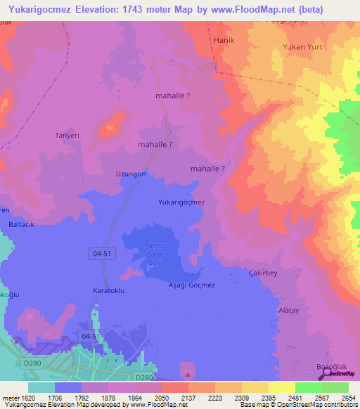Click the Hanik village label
tap(224, 40)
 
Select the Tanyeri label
tap(68, 136)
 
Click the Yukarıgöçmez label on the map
tap(181, 202)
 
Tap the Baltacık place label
tap(22, 226)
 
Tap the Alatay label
tap(290, 309)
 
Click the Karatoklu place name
tap(108, 290)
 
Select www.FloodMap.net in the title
tap(247, 10)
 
